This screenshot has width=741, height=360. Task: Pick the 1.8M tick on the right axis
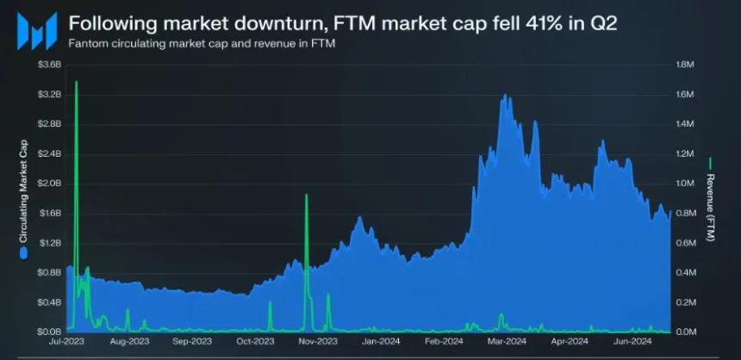click(685, 65)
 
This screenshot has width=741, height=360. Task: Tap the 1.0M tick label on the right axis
click(685, 183)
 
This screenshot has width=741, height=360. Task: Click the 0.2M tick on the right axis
click(685, 302)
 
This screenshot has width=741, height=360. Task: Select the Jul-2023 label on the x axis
click(66, 342)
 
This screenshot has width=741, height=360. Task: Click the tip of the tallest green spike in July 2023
click(77, 82)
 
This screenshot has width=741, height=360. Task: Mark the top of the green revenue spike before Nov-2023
click(306, 196)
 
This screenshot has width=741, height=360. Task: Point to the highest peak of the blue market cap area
click(505, 96)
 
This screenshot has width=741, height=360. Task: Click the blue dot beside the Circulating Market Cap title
click(23, 252)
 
